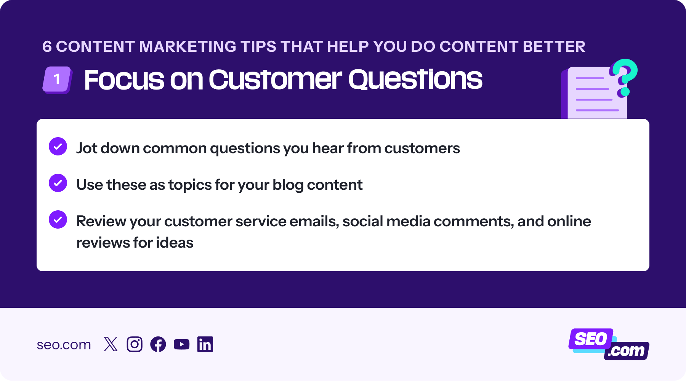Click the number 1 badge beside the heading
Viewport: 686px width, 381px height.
[57, 80]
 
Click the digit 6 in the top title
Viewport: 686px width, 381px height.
[47, 46]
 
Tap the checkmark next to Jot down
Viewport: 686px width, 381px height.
[58, 146]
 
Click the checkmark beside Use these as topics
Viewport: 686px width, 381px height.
[58, 183]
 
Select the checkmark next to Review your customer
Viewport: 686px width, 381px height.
[58, 219]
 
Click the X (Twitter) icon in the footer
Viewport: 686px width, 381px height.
[111, 344]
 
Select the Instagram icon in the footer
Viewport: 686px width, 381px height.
[135, 344]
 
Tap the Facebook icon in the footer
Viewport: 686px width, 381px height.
[158, 344]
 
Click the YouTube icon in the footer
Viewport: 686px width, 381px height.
[181, 344]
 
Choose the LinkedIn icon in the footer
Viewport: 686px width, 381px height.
[205, 344]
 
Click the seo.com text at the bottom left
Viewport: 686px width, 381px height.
[64, 345]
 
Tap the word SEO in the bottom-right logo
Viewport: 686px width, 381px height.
[591, 339]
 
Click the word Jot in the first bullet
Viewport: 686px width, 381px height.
[87, 148]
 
